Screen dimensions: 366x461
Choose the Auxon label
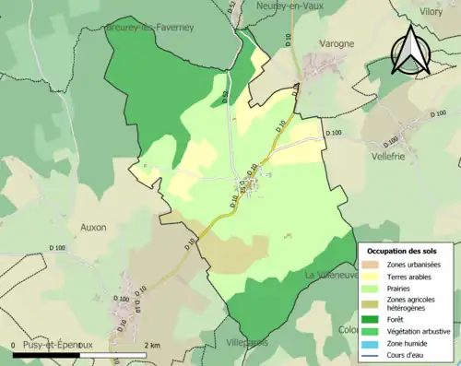coord(93,227)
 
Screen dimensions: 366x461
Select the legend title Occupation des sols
coord(403,250)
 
